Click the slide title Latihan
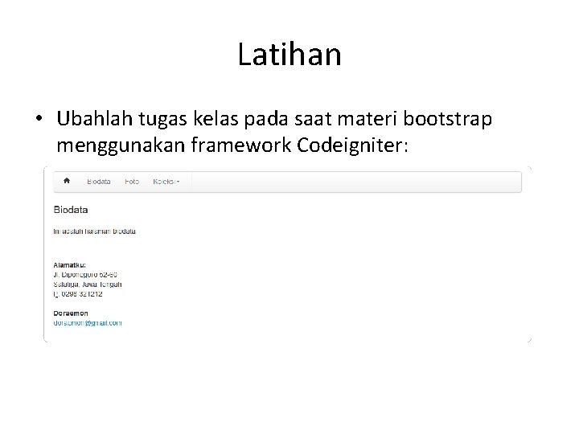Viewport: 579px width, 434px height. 289,55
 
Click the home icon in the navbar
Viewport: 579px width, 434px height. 67,181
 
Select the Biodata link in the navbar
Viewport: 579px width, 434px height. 99,182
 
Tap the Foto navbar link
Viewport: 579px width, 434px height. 132,182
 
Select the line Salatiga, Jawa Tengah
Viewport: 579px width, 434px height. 88,284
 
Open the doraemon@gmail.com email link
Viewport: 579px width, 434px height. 88,323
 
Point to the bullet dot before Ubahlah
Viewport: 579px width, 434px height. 39,121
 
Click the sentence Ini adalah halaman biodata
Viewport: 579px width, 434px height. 94,231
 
